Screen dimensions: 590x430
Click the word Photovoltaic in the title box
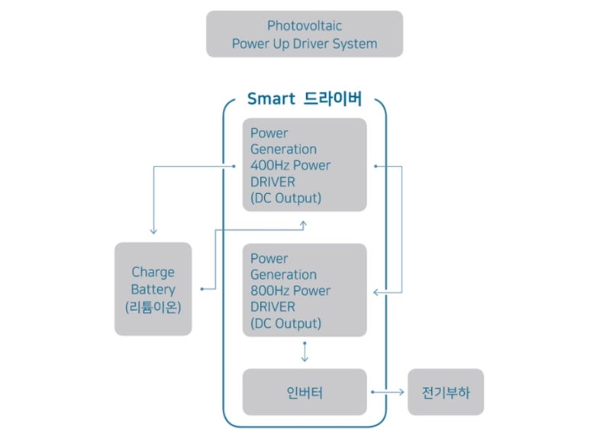305,26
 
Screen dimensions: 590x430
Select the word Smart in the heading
271,99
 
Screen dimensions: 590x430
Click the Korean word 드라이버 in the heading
333,99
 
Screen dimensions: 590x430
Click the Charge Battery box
153,289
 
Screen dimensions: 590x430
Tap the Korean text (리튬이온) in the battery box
153,307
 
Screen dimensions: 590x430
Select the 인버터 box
305,392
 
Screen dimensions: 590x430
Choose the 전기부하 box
446,392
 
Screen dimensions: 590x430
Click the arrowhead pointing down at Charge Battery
153,231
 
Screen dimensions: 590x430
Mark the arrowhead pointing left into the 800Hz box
376,293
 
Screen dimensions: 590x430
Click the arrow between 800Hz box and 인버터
305,352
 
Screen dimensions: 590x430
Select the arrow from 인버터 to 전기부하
388,392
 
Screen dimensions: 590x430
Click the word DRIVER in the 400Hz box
272,182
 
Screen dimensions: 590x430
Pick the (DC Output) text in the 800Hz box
285,323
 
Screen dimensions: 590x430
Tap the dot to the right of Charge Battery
202,289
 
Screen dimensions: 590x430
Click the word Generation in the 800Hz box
283,274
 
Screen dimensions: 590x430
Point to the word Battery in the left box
153,289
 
